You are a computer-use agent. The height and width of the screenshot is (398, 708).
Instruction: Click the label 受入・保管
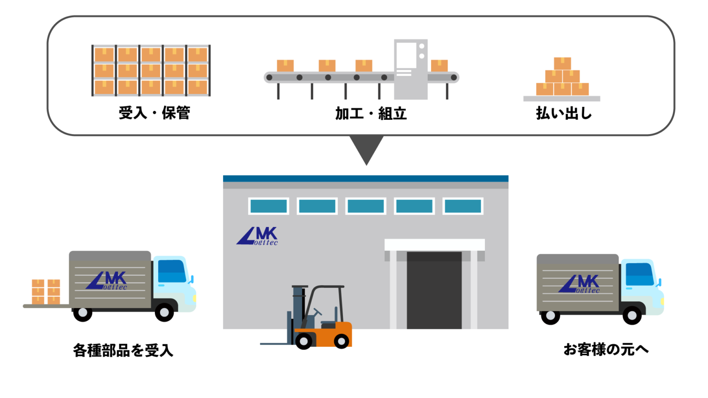[154, 113]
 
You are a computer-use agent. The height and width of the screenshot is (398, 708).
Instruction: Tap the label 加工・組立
[371, 113]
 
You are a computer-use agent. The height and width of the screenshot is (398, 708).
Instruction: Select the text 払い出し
[564, 113]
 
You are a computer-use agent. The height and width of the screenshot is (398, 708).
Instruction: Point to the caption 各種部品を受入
[123, 350]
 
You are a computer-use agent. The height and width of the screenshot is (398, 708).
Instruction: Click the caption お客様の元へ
[606, 350]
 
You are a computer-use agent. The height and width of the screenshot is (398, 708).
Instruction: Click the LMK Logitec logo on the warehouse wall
[257, 236]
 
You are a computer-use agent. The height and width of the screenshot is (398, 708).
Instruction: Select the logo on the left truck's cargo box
[106, 281]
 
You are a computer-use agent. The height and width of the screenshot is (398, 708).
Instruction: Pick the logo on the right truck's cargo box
[579, 284]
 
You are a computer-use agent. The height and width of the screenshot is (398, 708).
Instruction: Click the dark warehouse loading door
[434, 290]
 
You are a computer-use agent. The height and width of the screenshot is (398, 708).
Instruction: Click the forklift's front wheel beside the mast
[304, 340]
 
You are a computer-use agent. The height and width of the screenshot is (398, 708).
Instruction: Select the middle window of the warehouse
[366, 206]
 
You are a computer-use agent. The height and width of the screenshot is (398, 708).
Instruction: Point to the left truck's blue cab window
[171, 271]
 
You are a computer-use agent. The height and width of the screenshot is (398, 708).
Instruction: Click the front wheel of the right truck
[632, 315]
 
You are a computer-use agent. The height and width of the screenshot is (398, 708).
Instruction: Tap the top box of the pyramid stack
[562, 64]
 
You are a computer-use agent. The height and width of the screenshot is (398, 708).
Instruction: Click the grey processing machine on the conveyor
[411, 69]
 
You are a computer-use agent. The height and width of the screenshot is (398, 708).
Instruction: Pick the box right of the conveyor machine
[439, 66]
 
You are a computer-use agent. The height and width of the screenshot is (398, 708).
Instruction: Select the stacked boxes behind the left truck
[46, 292]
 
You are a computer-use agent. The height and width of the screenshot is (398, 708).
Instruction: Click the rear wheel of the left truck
[83, 313]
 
